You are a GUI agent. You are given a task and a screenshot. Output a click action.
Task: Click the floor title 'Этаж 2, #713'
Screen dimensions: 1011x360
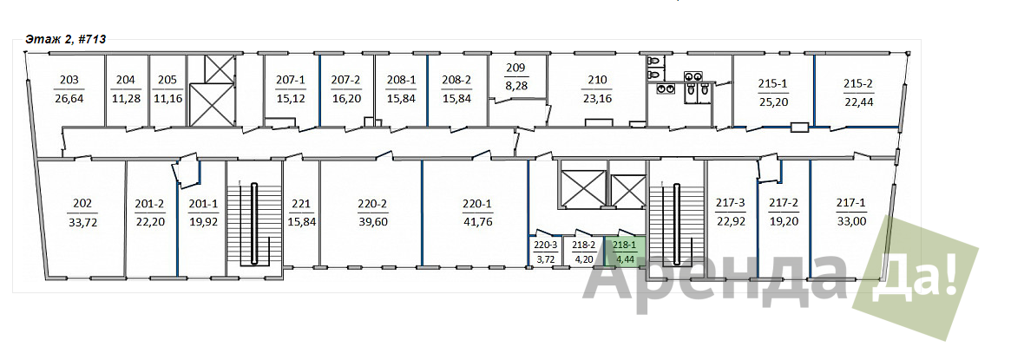tap(65, 39)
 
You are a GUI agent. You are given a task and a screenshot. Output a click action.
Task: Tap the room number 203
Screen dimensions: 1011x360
tap(69, 80)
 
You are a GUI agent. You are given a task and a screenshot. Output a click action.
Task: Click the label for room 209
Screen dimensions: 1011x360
tap(515, 68)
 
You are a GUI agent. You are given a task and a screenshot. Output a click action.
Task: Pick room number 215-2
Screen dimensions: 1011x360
tap(857, 83)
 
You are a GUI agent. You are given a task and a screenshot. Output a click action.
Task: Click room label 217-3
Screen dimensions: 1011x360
tap(731, 204)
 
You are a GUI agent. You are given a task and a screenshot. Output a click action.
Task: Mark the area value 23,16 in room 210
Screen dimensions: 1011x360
tap(598, 99)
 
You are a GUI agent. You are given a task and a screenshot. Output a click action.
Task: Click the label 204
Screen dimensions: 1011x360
tap(126, 80)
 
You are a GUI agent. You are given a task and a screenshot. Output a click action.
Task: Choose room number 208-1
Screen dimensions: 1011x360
tap(401, 80)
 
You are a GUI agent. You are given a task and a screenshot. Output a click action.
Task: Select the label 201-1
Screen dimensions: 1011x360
tap(203, 204)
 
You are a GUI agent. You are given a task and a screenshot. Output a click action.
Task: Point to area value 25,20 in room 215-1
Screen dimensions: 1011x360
tap(773, 101)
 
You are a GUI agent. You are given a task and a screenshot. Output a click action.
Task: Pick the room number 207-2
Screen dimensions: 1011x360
tap(345, 80)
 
